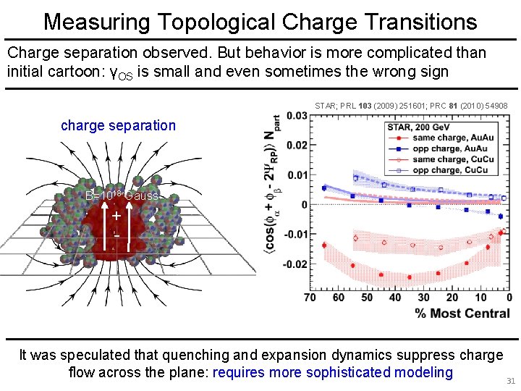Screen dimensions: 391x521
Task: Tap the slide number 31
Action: pos(509,381)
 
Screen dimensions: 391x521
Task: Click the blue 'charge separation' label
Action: pos(118,125)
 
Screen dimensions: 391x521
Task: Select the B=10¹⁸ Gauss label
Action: pos(121,195)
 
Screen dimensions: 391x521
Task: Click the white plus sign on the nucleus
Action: pos(116,215)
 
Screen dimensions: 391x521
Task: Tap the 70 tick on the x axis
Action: pos(310,298)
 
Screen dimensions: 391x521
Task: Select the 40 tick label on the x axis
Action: pos(395,298)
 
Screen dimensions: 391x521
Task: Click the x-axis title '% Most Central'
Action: pos(462,314)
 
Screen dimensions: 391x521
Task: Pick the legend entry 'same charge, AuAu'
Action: pos(449,138)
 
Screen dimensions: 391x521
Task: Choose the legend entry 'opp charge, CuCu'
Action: pos(449,170)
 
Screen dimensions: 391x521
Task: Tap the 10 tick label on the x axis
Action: pos(480,298)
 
